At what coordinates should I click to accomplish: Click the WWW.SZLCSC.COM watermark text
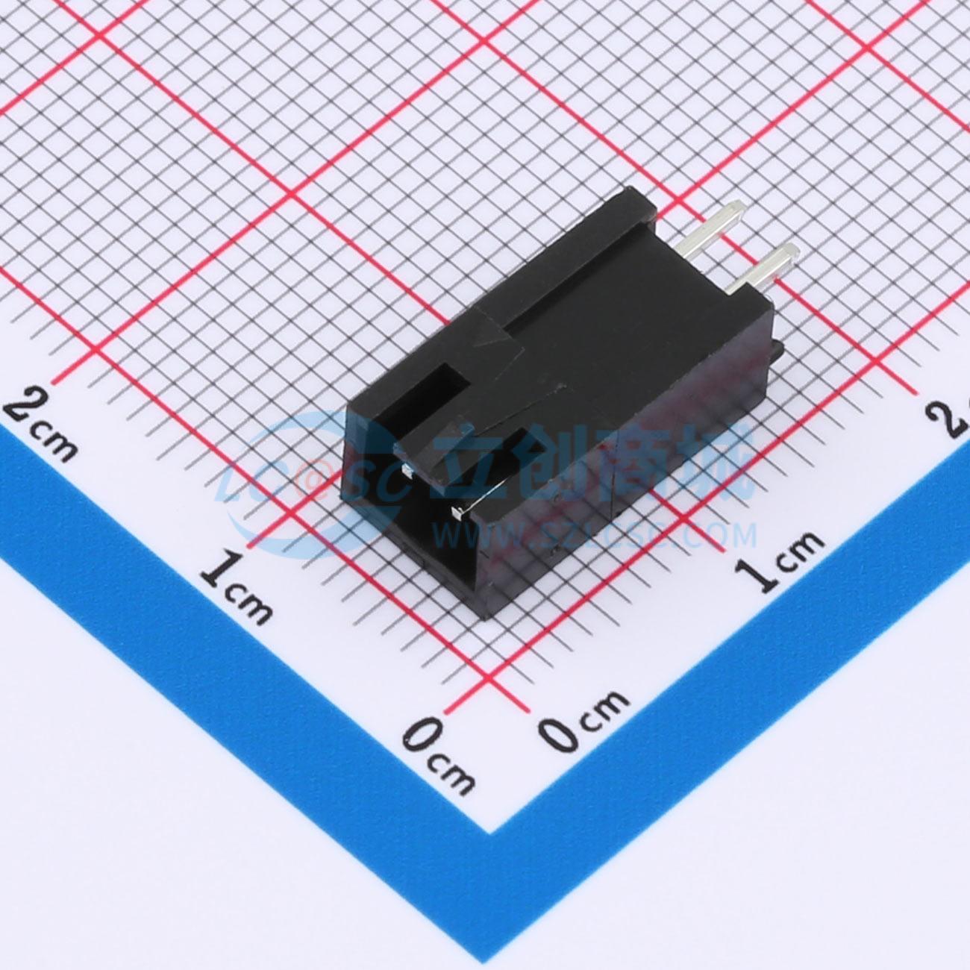point(597,534)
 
